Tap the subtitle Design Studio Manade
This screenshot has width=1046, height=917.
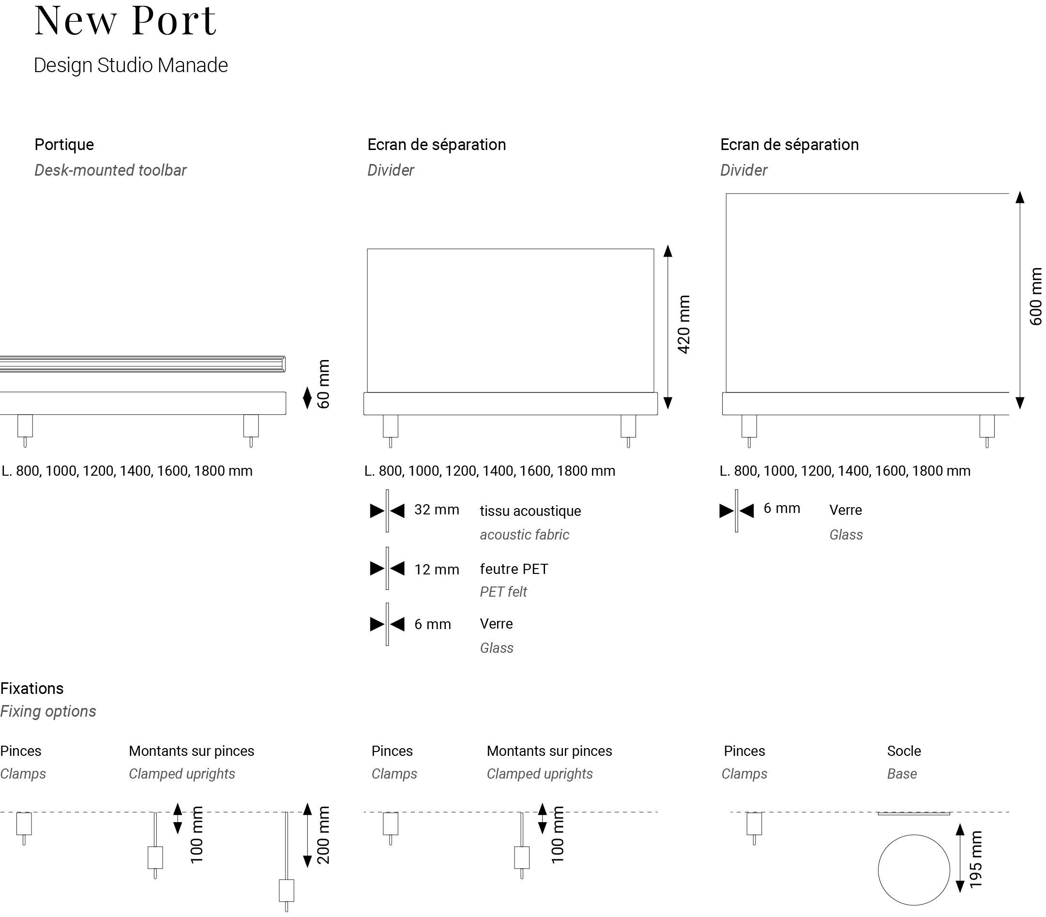click(131, 65)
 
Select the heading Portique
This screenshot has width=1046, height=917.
click(64, 144)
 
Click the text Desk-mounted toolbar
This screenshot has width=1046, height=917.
click(110, 170)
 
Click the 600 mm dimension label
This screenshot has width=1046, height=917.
click(1035, 297)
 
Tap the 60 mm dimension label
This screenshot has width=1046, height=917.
click(323, 384)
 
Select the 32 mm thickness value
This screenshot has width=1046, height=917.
click(437, 510)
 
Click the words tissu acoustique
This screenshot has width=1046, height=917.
click(530, 511)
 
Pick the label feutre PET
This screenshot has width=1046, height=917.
click(514, 569)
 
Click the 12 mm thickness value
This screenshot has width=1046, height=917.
click(437, 570)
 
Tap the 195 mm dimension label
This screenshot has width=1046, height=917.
click(976, 860)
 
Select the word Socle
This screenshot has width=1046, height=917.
click(904, 751)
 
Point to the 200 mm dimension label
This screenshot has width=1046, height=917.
click(323, 835)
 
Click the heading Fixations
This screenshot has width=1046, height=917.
click(32, 688)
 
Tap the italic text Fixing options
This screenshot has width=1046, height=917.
click(48, 711)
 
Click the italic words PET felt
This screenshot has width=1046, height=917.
click(503, 592)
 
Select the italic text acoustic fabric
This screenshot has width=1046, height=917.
click(524, 535)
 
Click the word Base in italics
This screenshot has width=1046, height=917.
click(902, 774)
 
